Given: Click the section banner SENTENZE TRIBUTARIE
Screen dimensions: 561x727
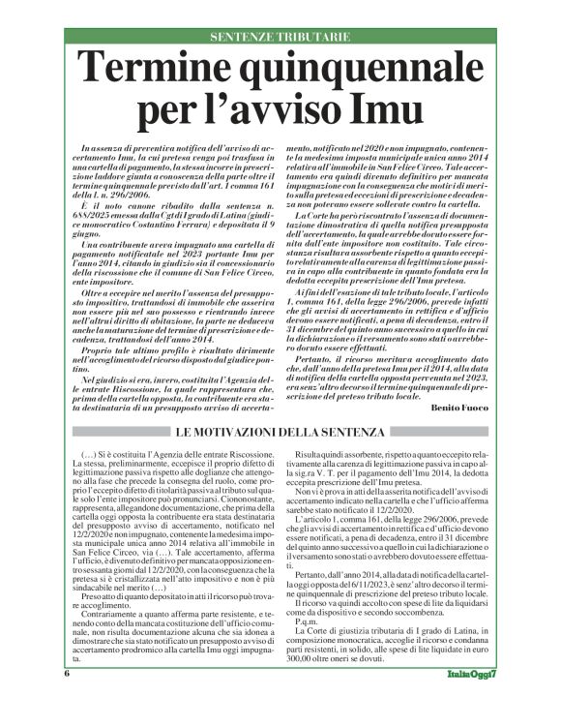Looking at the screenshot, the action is click(280, 38).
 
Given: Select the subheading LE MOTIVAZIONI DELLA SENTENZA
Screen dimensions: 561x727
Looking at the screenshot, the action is click(280, 428).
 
